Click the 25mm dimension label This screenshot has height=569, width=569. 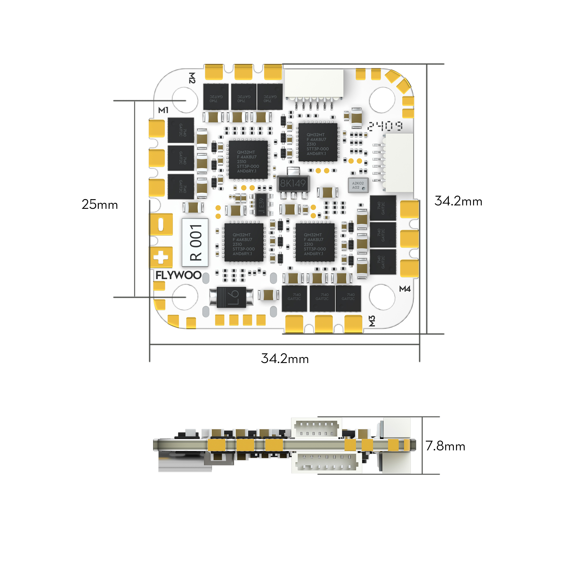click(100, 204)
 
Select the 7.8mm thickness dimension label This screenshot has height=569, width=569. click(445, 446)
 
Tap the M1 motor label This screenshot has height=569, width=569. click(163, 110)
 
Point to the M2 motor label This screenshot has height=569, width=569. click(192, 78)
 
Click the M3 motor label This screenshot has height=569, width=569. click(372, 321)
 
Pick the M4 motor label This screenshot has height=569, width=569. click(405, 289)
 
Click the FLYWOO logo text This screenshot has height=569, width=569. click(178, 275)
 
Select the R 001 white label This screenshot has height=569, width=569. click(195, 243)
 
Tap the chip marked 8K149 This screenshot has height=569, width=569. click(293, 184)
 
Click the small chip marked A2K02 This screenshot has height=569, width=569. click(358, 185)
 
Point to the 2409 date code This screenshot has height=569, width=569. click(385, 126)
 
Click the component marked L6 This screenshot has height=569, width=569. click(232, 297)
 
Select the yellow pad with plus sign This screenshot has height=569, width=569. click(161, 257)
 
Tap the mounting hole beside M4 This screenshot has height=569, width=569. click(382, 297)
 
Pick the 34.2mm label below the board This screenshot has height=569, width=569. click(285, 359)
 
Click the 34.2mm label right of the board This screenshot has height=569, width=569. click(458, 201)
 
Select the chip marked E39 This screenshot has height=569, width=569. click(261, 204)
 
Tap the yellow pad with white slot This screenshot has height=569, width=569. click(161, 224)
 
